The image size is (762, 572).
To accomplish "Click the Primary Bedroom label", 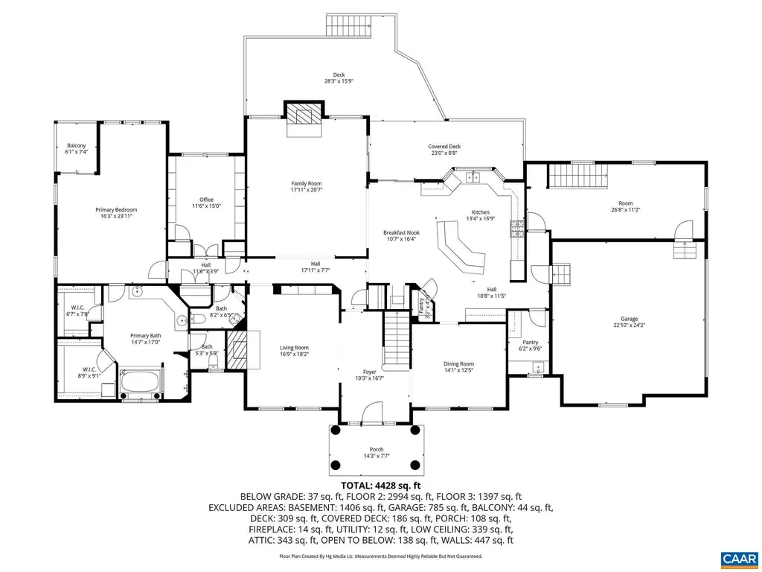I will pyautogui.click(x=116, y=210).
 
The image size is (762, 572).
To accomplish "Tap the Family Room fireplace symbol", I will pyautogui.click(x=304, y=115).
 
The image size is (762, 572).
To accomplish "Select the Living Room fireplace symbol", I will pyautogui.click(x=237, y=349).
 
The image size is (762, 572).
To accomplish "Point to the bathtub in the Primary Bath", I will pyautogui.click(x=141, y=382).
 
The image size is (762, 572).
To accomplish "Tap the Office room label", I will pyautogui.click(x=206, y=200).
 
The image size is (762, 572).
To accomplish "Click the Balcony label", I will pyautogui.click(x=76, y=145).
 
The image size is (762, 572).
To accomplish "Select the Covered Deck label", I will pyautogui.click(x=444, y=147).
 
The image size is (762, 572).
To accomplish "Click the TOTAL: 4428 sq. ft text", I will pyautogui.click(x=380, y=485).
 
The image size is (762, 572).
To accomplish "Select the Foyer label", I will pyautogui.click(x=369, y=371).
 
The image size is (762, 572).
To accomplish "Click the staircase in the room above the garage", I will pyautogui.click(x=579, y=178).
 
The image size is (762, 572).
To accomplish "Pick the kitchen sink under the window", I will pyautogui.click(x=472, y=177).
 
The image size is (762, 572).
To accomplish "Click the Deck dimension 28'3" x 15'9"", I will pyautogui.click(x=339, y=81).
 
